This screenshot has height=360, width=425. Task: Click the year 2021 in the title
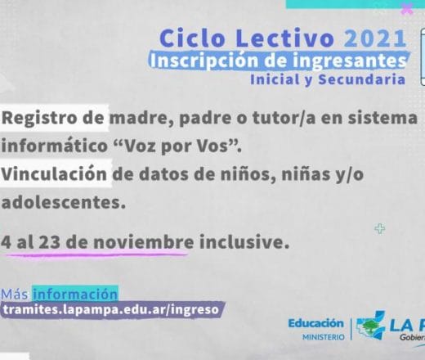click(375, 38)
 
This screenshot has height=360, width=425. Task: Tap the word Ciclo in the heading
click(191, 38)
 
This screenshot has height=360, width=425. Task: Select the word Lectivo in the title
click(285, 38)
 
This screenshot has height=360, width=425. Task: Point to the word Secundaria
click(362, 79)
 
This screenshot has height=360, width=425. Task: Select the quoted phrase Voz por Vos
click(177, 146)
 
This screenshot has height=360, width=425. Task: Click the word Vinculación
click(54, 174)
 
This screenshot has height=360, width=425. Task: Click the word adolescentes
click(64, 202)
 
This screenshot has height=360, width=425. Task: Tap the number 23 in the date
click(50, 242)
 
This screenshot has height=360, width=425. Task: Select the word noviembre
click(143, 242)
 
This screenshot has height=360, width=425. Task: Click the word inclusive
click(244, 242)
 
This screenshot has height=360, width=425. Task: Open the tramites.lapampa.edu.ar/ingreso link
click(111, 309)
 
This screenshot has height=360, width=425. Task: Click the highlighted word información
click(75, 294)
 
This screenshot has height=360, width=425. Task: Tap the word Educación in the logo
click(316, 323)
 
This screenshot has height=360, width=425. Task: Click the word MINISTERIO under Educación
click(324, 337)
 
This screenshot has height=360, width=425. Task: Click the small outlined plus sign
click(380, 228)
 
